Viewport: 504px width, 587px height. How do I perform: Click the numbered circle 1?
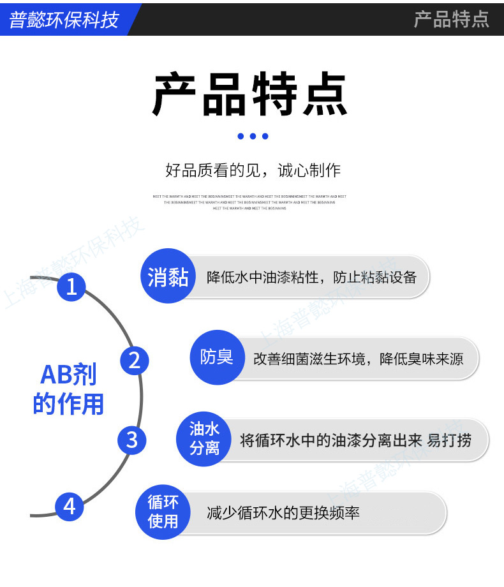(71, 286)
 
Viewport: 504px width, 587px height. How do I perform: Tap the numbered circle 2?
(134, 361)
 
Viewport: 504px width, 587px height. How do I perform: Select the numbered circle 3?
(132, 440)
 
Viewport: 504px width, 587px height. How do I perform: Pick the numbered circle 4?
(70, 507)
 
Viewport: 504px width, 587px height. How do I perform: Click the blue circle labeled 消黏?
(168, 276)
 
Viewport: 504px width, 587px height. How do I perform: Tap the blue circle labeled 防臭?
(217, 358)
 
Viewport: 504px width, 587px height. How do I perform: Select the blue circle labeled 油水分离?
(204, 439)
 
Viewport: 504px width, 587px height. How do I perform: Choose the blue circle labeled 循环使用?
(163, 512)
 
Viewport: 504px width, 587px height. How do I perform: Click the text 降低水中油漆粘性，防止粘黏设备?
(311, 278)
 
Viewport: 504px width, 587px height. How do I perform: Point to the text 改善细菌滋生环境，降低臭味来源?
(358, 359)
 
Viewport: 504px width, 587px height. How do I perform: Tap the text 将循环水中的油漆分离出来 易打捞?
(355, 440)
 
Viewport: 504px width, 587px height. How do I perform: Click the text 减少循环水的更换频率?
(283, 512)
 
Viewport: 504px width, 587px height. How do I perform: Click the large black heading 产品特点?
(250, 96)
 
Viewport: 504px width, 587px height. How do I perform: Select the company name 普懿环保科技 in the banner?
(64, 20)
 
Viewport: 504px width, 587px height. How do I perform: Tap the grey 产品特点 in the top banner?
(451, 19)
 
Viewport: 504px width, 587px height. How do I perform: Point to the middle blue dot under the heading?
(253, 136)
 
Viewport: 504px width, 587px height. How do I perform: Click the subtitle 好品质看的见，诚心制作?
(253, 170)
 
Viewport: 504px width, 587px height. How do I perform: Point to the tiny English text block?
(250, 202)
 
